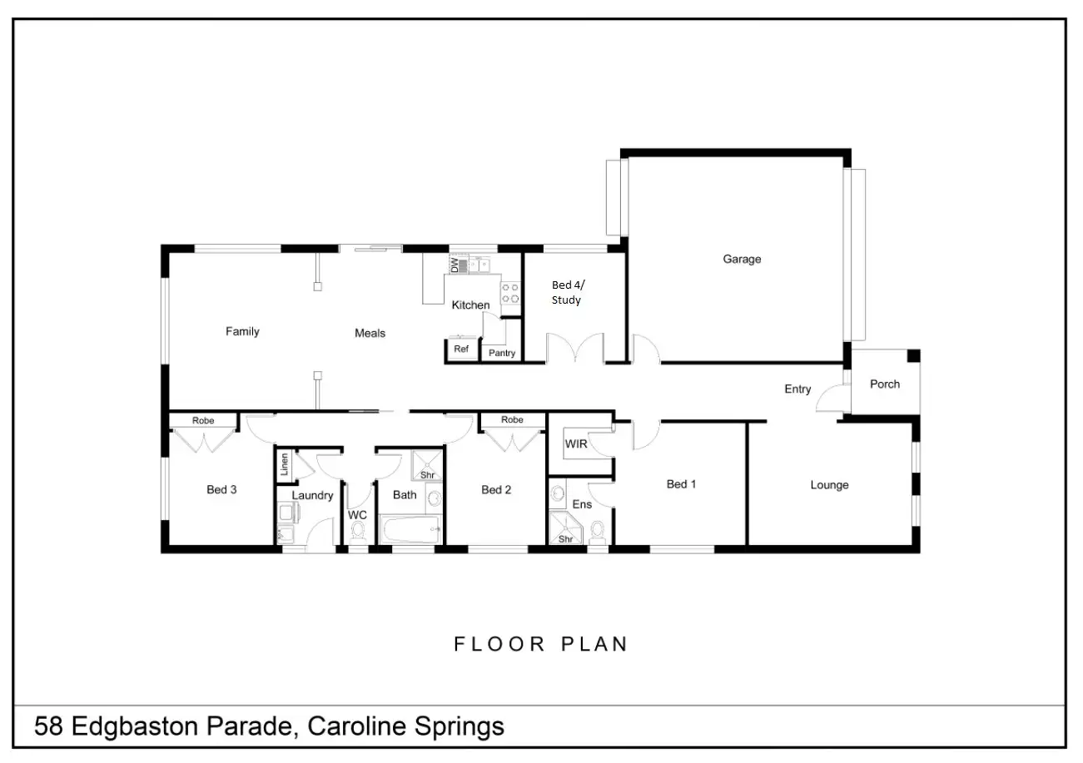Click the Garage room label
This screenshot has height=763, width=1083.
(741, 260)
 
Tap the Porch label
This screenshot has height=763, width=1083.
(884, 384)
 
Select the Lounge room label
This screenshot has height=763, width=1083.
(829, 485)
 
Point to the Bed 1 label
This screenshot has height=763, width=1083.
(681, 484)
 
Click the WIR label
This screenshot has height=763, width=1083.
(576, 444)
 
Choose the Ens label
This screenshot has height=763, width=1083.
(582, 504)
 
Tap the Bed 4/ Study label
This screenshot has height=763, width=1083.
(566, 293)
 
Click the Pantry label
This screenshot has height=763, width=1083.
(502, 354)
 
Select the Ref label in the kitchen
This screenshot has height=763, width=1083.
(461, 349)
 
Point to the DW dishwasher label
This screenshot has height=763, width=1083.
(455, 265)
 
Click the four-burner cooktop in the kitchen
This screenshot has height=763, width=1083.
(510, 293)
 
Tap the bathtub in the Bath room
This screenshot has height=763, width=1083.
(410, 528)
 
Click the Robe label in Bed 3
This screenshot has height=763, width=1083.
(203, 421)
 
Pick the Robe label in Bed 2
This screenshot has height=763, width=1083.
(512, 420)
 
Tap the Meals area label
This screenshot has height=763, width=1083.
(370, 334)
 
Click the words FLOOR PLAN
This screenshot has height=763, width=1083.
(541, 644)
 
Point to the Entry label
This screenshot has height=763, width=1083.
(797, 389)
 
